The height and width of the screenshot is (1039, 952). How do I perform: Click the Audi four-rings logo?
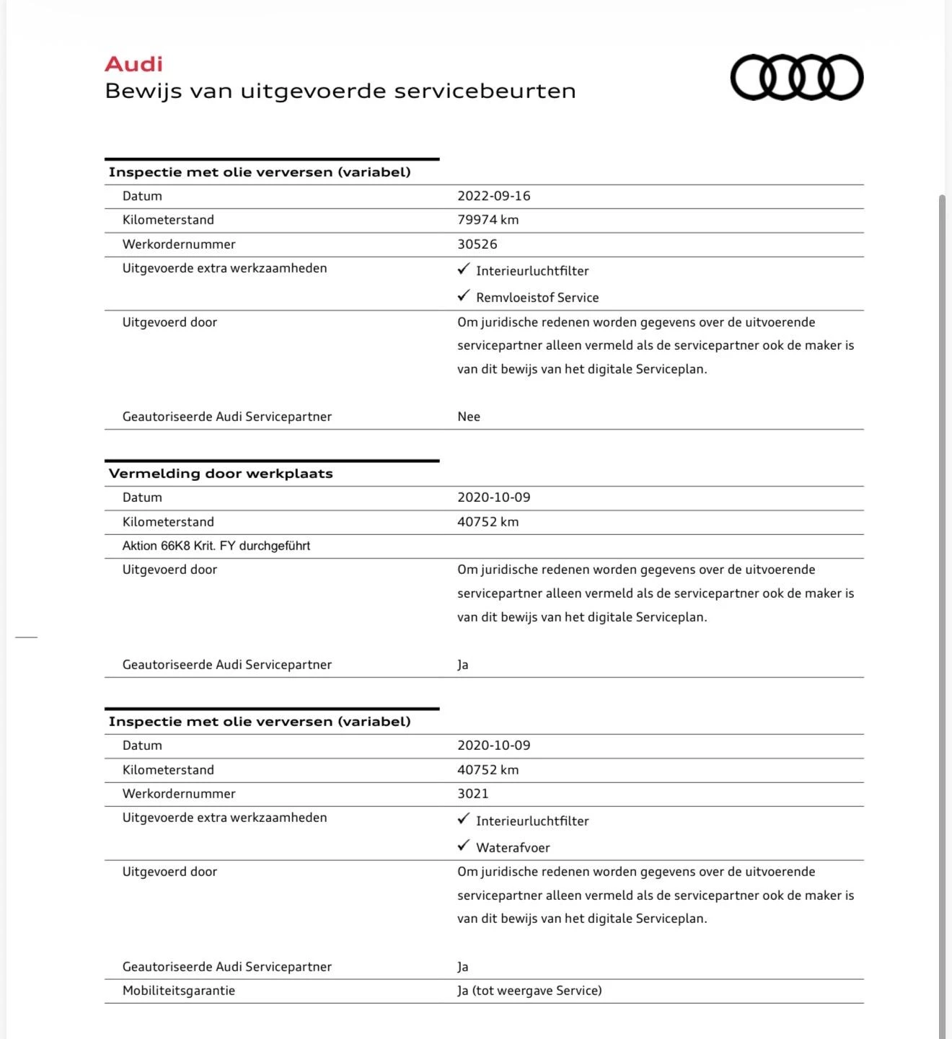click(x=796, y=77)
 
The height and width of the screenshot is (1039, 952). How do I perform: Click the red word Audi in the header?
click(x=133, y=64)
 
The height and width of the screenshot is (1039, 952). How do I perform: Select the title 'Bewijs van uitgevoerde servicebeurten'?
click(x=340, y=92)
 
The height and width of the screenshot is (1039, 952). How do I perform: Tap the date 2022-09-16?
click(x=493, y=196)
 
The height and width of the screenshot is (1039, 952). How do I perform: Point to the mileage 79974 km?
click(x=488, y=220)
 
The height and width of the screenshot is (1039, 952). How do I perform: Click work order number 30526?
click(x=477, y=244)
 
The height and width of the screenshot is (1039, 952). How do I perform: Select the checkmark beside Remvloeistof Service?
click(x=464, y=296)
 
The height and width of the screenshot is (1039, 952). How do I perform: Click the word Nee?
click(x=468, y=417)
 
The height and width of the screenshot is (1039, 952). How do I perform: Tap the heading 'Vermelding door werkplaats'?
click(x=221, y=474)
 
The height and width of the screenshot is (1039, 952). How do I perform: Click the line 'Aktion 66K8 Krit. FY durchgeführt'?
click(x=216, y=546)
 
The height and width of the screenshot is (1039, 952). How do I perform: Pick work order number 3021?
click(x=472, y=794)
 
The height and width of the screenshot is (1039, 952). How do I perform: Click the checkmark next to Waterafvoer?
click(x=464, y=846)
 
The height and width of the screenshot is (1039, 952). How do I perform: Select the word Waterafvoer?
click(x=513, y=848)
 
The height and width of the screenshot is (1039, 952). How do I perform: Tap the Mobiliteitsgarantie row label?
click(x=178, y=991)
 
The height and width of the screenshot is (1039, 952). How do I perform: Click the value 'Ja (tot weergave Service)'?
click(x=529, y=991)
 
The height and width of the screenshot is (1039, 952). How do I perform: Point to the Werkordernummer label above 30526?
click(x=179, y=244)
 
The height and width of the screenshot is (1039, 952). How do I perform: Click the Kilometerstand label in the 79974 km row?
click(x=168, y=220)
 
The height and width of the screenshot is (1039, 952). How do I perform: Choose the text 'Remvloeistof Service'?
click(x=537, y=298)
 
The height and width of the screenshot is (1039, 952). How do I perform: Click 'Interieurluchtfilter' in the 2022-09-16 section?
click(x=532, y=271)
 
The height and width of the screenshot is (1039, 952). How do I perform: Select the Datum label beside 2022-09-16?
click(x=142, y=196)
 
